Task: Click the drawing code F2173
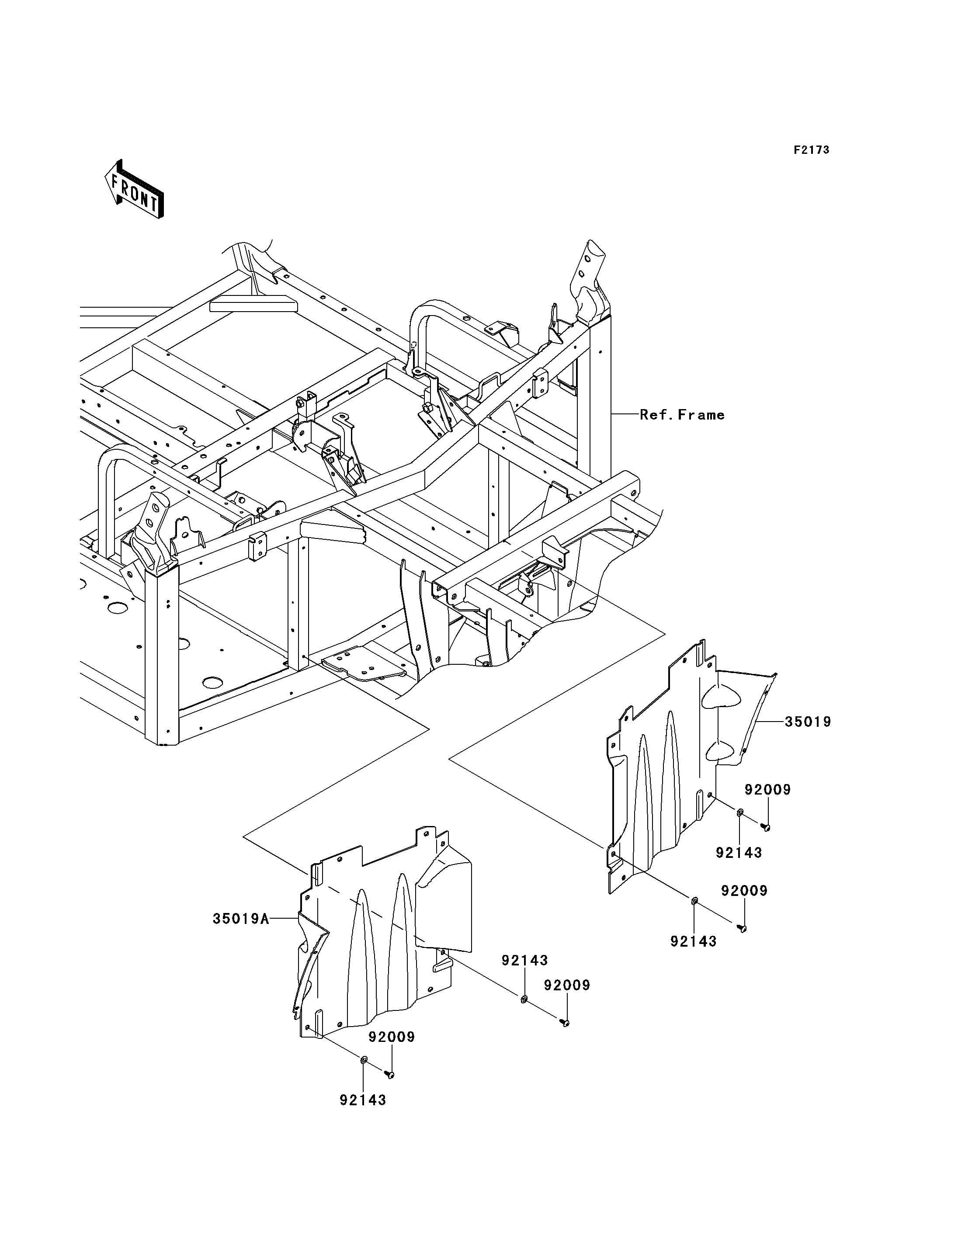pos(812,150)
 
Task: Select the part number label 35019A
pos(240,920)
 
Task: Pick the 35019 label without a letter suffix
pos(808,722)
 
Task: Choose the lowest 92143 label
pos(363,1100)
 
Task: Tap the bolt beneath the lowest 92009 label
pos(390,1075)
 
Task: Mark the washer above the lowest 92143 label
pos(364,1060)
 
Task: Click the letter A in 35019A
pos(264,920)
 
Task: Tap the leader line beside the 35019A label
pos(283,918)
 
